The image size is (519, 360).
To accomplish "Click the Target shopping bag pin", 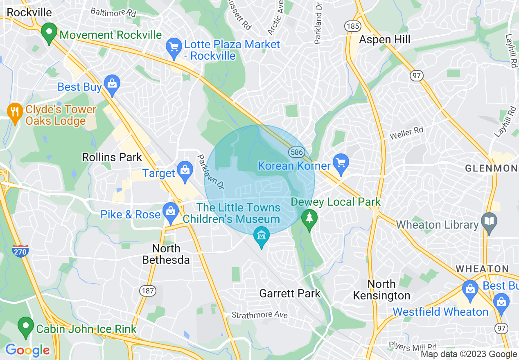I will click(185, 172).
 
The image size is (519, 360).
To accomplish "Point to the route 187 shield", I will click(147, 291).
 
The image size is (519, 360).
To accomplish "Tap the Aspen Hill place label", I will click(384, 40).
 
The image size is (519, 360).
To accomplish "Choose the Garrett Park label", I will click(290, 293).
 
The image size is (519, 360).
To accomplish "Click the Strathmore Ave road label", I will click(259, 315).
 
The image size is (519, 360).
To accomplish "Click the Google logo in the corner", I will click(27, 350).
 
